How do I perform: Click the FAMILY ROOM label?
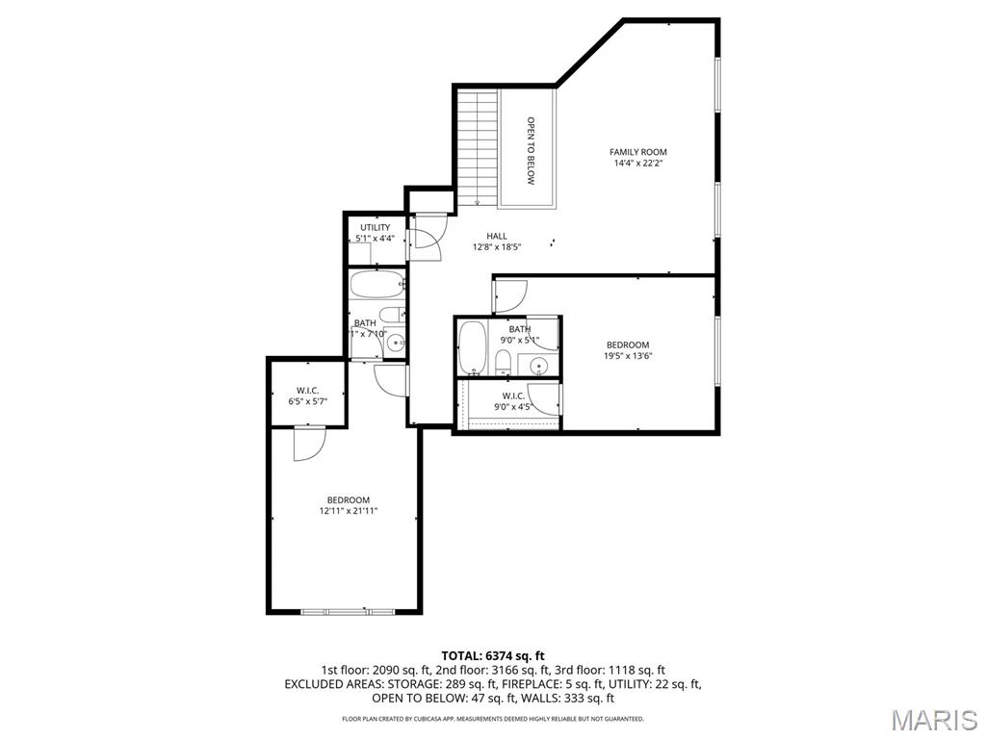coord(637,152)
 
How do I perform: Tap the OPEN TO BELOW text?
coord(530,150)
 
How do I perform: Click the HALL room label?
coord(496,236)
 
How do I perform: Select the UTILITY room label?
coord(375,228)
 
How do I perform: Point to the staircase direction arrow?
coord(477,201)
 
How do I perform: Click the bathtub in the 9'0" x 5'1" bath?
coord(473,348)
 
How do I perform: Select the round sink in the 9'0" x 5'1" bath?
coord(539,365)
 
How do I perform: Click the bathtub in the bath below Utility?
coord(376,285)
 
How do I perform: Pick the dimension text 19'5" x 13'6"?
coord(627,356)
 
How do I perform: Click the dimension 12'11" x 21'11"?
coord(348,512)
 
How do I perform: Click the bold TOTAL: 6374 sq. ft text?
coord(492,656)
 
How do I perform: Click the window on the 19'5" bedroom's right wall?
coord(717,350)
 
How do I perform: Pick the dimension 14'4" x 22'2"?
coord(637,164)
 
